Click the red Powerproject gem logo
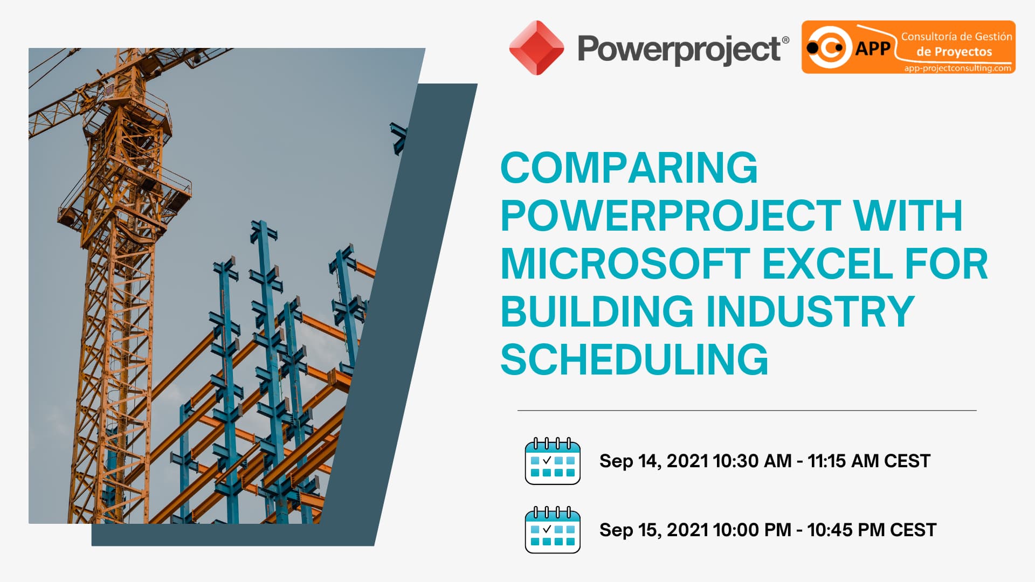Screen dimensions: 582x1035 [536, 48]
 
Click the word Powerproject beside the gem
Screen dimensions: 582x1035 [679, 50]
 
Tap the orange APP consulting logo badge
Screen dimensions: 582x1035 [908, 47]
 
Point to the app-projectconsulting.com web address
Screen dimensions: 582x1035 [957, 68]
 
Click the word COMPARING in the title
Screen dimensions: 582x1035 [629, 168]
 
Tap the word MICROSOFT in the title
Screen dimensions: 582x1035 [625, 264]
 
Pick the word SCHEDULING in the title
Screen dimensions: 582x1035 [634, 359]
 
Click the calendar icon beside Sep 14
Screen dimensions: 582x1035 [552, 461]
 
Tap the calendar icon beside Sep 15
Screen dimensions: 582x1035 [552, 530]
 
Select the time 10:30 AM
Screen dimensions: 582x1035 [751, 461]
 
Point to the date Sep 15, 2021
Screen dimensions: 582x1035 [653, 530]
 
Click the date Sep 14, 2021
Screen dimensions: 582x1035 [653, 461]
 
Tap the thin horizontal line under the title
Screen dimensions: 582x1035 [747, 411]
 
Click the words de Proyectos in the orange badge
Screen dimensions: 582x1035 [954, 52]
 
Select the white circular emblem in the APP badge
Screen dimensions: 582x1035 [828, 48]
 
